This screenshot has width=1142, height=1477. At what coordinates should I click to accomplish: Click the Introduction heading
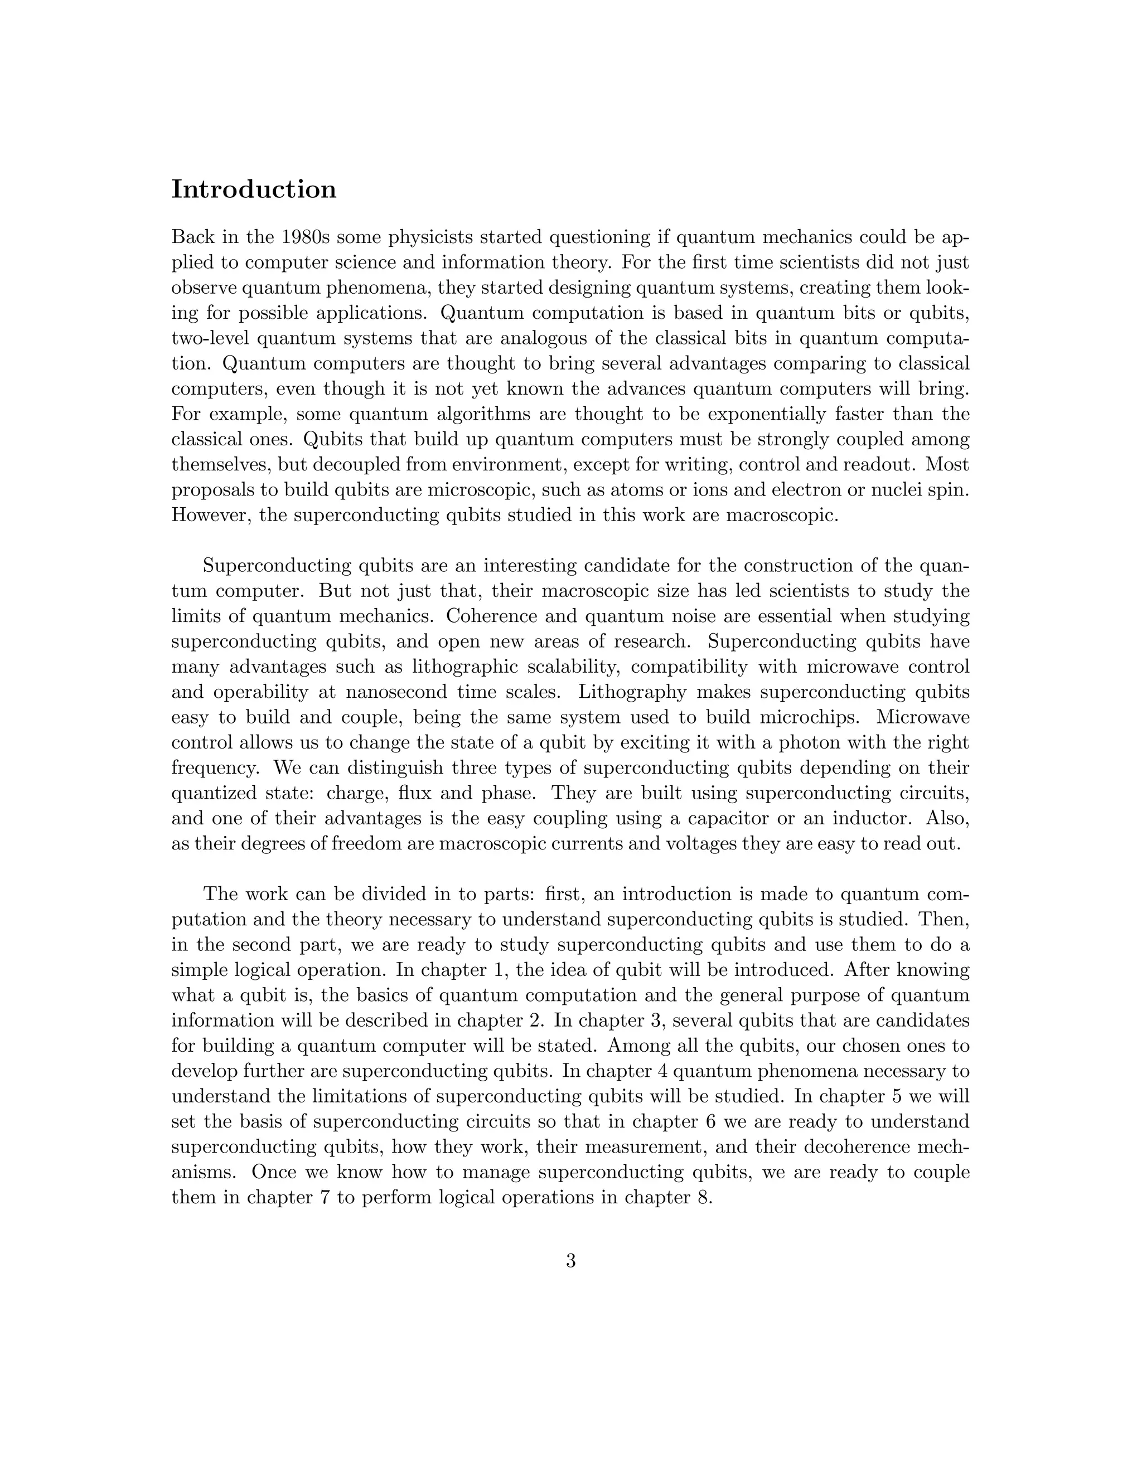point(254,190)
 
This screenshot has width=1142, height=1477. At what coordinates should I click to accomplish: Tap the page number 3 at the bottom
point(570,1261)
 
